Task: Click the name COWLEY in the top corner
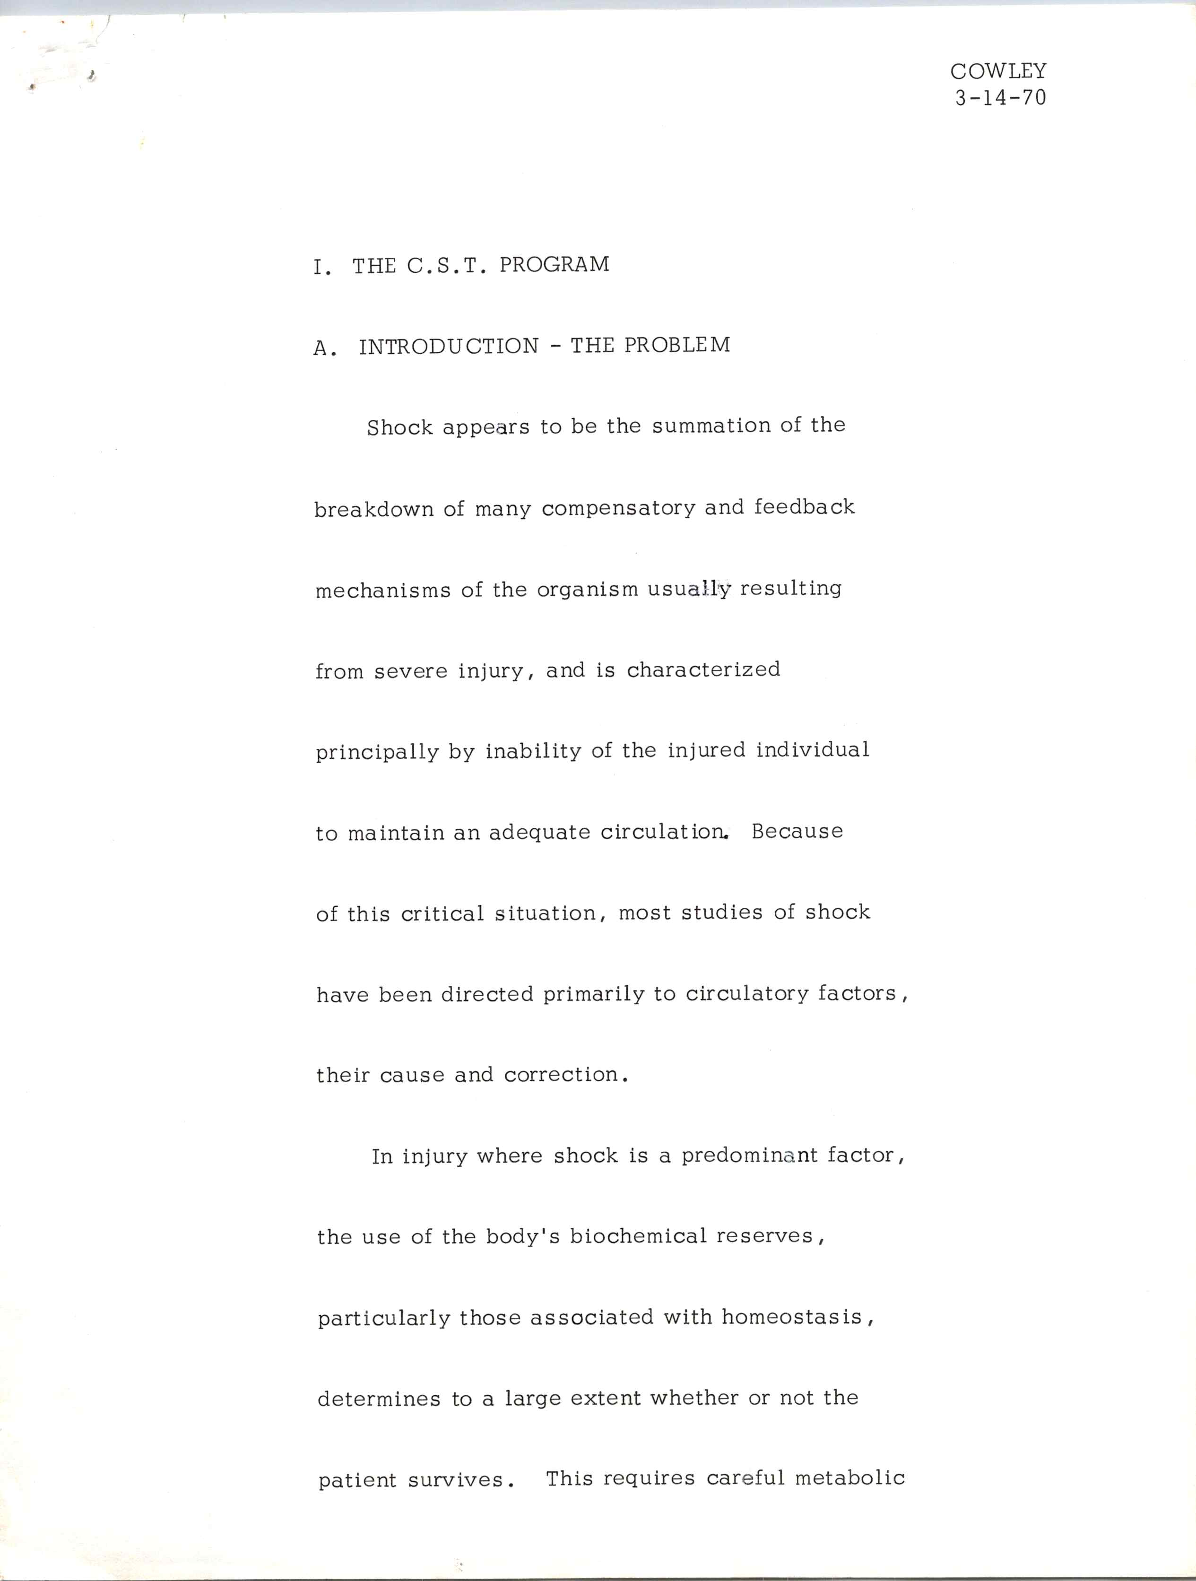click(x=998, y=71)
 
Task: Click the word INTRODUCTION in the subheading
click(x=448, y=346)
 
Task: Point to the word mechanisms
click(x=383, y=591)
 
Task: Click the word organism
click(x=587, y=590)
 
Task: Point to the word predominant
click(x=749, y=1156)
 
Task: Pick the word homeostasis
click(x=792, y=1317)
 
